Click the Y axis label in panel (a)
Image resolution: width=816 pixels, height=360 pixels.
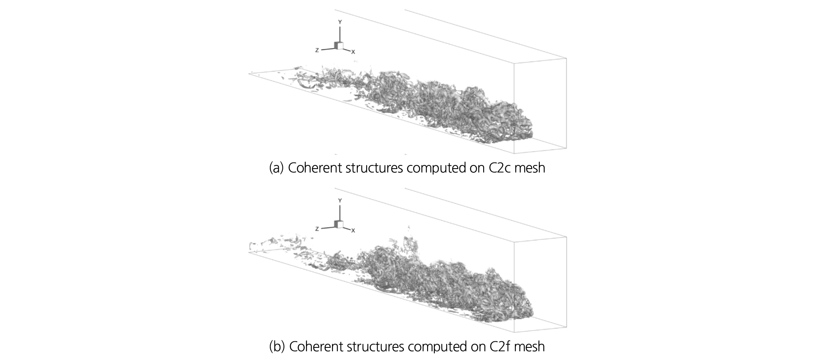(x=340, y=22)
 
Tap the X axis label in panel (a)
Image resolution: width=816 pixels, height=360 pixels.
(x=353, y=52)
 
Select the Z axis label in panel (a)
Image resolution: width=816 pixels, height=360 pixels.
(x=317, y=50)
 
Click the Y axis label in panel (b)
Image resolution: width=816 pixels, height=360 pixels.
(x=340, y=201)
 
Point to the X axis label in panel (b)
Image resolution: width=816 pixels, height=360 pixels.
(x=353, y=231)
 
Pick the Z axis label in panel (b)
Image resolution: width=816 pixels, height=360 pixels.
(x=317, y=229)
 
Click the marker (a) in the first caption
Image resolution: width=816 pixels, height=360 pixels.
(x=276, y=168)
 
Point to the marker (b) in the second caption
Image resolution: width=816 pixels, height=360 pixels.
(x=276, y=346)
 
